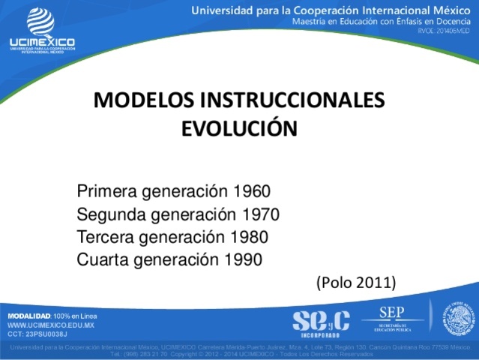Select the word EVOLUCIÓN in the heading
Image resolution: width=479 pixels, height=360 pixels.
point(239,127)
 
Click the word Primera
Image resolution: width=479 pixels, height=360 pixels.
point(104,191)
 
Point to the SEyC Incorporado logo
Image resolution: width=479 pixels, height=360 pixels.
point(321,321)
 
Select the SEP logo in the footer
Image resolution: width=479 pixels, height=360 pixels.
point(392,318)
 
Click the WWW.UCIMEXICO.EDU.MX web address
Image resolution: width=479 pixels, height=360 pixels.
point(50,325)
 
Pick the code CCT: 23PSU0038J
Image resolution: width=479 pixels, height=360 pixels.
point(37,334)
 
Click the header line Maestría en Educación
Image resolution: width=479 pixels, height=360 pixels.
point(382,22)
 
